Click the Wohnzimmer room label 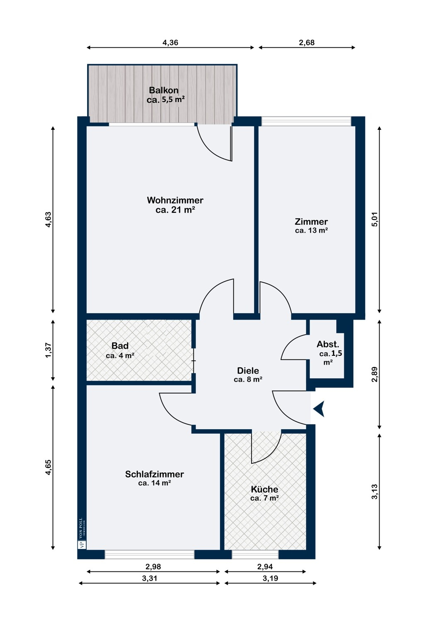click(x=175, y=200)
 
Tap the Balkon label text click(x=164, y=90)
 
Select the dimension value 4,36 click(x=170, y=42)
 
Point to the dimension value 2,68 click(x=307, y=42)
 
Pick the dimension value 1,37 click(x=49, y=350)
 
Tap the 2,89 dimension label click(x=375, y=374)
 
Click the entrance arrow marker click(x=320, y=409)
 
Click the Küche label click(x=264, y=489)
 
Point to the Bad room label click(x=120, y=346)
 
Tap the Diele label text click(x=248, y=370)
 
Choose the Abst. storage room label click(x=328, y=344)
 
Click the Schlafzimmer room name click(x=154, y=474)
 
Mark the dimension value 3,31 click(x=149, y=578)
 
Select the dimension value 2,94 click(x=265, y=566)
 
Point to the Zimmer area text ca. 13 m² click(x=311, y=230)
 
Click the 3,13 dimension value click(x=375, y=491)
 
